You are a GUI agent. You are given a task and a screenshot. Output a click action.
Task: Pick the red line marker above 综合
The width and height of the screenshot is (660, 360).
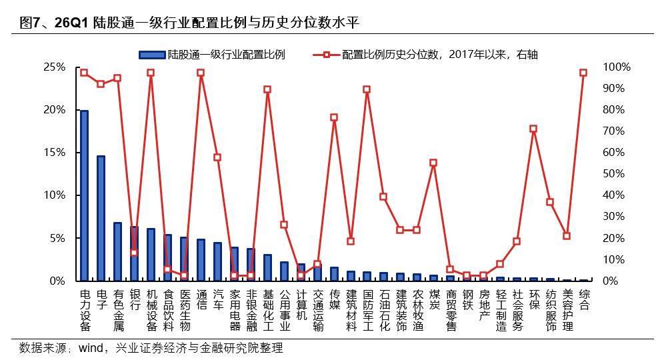click(583, 73)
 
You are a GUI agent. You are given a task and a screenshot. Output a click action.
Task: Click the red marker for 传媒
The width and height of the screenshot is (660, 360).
click(334, 117)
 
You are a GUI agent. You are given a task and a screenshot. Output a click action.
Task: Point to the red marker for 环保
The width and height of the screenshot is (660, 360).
click(533, 129)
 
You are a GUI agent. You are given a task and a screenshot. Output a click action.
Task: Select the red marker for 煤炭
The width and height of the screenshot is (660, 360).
click(433, 163)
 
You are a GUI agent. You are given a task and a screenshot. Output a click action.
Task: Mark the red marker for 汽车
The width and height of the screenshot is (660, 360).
click(217, 157)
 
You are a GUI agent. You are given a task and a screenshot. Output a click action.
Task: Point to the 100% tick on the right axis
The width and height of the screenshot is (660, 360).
click(616, 67)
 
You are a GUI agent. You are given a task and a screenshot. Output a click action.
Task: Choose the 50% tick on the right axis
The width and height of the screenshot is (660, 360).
click(616, 174)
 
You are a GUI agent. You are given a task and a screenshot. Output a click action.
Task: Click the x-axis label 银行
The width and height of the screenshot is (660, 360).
click(135, 299)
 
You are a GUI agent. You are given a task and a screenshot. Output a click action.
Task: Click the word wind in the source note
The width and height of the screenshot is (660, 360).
click(91, 348)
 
